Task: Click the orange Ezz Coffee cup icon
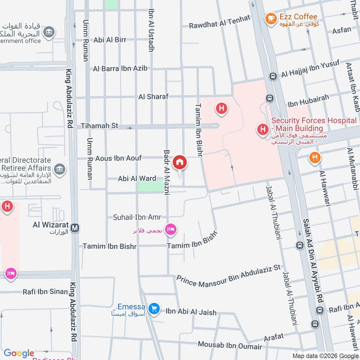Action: [270, 18]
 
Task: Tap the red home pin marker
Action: [180, 162]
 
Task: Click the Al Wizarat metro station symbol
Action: [75, 228]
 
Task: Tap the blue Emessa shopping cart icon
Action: [154, 308]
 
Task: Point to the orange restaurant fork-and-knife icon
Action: [315, 158]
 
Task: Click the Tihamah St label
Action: [99, 126]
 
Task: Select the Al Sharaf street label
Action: [153, 97]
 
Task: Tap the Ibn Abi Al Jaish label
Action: [191, 312]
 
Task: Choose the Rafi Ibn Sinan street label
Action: [45, 292]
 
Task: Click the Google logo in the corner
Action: [19, 353]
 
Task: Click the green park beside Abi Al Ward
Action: [151, 185]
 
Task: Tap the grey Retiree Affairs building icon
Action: [59, 170]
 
